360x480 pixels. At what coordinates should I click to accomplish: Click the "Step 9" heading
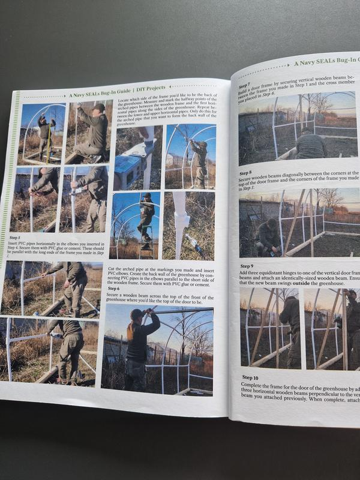click(247, 265)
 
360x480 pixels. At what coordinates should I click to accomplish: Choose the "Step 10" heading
click(250, 377)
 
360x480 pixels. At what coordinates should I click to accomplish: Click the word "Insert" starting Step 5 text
click(17, 244)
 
